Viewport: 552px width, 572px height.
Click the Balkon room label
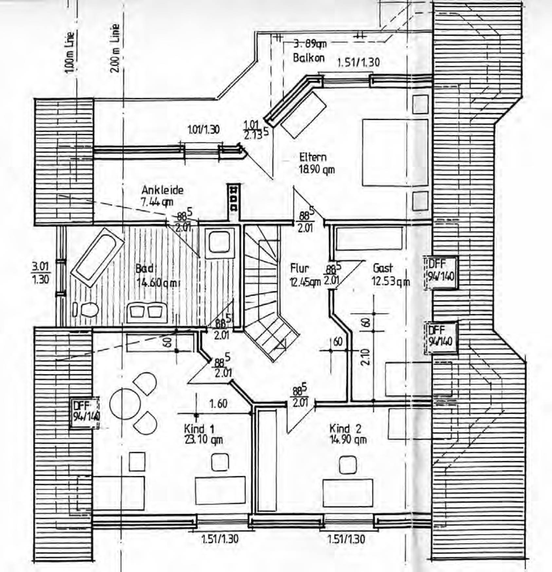tap(309, 58)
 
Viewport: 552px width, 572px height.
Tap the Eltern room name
tap(313, 157)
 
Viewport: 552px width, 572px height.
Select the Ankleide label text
tap(162, 190)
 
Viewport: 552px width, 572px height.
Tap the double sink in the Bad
tap(147, 312)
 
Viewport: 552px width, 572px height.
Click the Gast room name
tap(382, 268)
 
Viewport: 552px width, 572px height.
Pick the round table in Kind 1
tap(125, 404)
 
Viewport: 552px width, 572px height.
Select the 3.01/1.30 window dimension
tap(41, 273)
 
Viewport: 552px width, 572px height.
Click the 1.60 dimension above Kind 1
tap(218, 403)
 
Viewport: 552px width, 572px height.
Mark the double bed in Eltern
tap(395, 152)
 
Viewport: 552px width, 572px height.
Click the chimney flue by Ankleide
tap(234, 198)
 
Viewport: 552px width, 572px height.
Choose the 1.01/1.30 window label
tap(203, 130)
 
